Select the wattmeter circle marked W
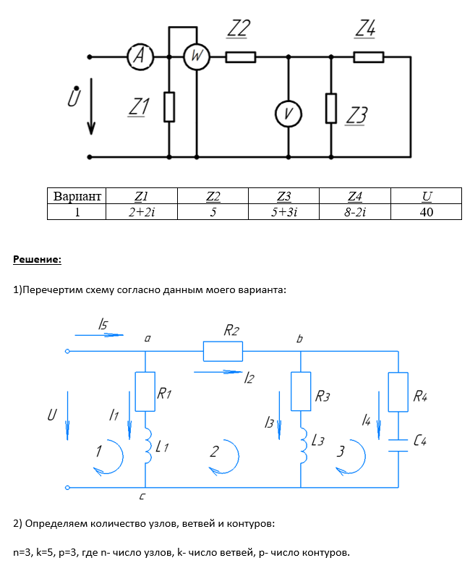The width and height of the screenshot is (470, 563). tap(195, 56)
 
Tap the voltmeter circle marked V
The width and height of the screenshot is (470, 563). tap(289, 113)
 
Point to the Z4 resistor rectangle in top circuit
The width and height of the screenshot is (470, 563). tap(368, 57)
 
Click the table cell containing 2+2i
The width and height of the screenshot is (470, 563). tap(141, 212)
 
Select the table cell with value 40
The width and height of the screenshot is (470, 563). tap(427, 212)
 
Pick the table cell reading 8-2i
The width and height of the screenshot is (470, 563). tap(355, 212)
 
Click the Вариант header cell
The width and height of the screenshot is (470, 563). tap(76, 196)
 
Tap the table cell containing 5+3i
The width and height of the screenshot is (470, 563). tap(283, 212)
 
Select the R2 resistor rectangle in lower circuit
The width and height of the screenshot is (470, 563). tap(223, 352)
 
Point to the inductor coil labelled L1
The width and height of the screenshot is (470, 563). tap(146, 445)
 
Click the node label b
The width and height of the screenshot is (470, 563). tap(299, 337)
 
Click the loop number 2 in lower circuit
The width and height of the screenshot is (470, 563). tap(215, 452)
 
